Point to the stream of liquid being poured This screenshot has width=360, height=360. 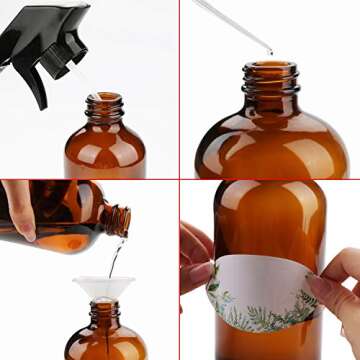tap(116, 255)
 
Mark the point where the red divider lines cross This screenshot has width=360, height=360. tap(180, 180)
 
